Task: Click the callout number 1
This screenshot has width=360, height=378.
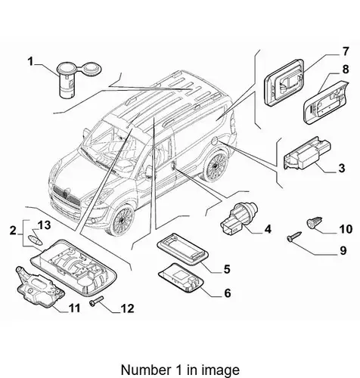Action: [x=30, y=61]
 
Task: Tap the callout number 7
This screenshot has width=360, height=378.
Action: [x=346, y=52]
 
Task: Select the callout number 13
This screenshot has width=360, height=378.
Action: [x=44, y=225]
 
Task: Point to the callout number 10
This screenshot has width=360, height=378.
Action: [x=346, y=229]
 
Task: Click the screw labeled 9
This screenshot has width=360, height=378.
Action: [x=294, y=237]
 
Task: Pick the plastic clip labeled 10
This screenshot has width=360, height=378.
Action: [x=315, y=223]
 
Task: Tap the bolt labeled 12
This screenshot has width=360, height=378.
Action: [x=97, y=301]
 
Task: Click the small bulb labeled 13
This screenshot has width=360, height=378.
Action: [x=36, y=239]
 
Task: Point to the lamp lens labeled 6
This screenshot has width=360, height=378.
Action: [x=181, y=278]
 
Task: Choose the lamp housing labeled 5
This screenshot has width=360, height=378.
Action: [x=182, y=249]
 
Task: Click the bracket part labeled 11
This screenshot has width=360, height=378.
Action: [x=40, y=287]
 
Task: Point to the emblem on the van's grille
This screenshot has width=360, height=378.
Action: [x=65, y=194]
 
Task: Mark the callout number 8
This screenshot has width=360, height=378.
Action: [x=346, y=70]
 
